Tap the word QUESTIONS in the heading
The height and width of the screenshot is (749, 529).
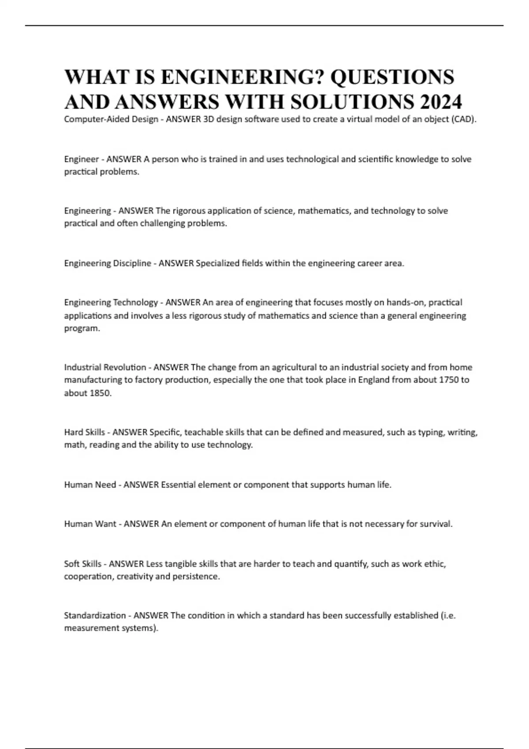click(392, 77)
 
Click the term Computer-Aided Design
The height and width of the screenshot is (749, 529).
click(111, 119)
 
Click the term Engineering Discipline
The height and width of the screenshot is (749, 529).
click(108, 263)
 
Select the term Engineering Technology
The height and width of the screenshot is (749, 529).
click(111, 303)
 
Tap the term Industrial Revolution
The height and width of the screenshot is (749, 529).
click(105, 367)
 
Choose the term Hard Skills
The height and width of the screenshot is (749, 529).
click(85, 432)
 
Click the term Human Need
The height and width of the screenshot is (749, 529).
click(90, 485)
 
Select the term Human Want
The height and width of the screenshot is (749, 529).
click(90, 524)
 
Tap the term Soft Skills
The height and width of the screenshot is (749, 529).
click(82, 564)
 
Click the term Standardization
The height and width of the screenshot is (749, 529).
click(95, 616)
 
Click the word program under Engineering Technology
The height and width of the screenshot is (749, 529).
click(82, 329)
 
